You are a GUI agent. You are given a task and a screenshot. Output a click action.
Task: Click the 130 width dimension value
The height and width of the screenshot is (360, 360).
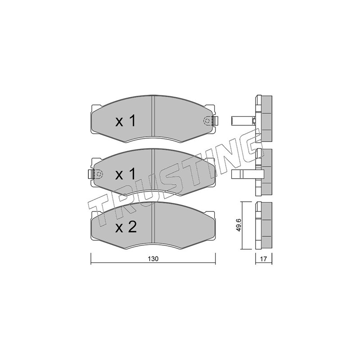pos(153,259)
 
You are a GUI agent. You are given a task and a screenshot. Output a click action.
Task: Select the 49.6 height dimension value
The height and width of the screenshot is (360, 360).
pos(238,225)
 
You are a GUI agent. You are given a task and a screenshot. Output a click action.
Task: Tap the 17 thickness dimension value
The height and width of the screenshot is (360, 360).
pos(263,259)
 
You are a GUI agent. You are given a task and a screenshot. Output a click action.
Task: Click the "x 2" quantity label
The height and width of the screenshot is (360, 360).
pos(126,227)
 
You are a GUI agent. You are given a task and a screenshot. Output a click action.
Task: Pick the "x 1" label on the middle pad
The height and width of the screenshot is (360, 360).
pos(126,175)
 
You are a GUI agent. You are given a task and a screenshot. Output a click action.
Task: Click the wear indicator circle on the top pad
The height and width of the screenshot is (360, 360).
pos(207,121)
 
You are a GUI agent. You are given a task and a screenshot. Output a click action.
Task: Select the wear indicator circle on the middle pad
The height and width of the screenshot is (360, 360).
pos(99,174)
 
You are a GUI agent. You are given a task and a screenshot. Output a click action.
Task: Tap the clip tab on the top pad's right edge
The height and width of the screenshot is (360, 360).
pos(216,121)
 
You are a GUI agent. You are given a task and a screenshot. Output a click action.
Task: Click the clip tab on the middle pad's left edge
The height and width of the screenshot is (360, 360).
pos(90,174)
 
